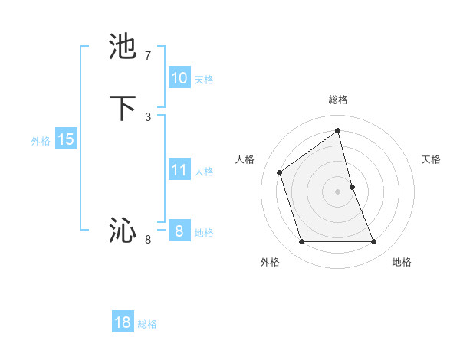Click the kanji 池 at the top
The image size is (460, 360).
click(123, 47)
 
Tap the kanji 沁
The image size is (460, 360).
click(123, 231)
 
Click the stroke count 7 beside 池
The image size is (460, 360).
click(148, 56)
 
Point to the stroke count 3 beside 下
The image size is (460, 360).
click(148, 116)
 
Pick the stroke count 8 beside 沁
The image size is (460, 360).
click(148, 240)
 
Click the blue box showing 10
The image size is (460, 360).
click(179, 78)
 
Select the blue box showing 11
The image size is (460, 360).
click(179, 170)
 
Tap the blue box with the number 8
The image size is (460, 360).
click(179, 231)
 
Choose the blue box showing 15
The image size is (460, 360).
click(66, 139)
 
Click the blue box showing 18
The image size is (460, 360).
click(123, 322)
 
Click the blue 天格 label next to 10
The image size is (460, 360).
click(204, 80)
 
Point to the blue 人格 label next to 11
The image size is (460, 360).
click(204, 172)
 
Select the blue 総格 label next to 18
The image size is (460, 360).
click(147, 324)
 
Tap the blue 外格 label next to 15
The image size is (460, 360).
click(41, 141)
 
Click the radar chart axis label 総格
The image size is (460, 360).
click(338, 100)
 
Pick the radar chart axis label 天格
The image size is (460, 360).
click(431, 159)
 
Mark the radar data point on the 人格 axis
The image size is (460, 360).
click(280, 172)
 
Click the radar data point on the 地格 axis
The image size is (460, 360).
click(374, 242)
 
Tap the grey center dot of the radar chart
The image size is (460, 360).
click(338, 191)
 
